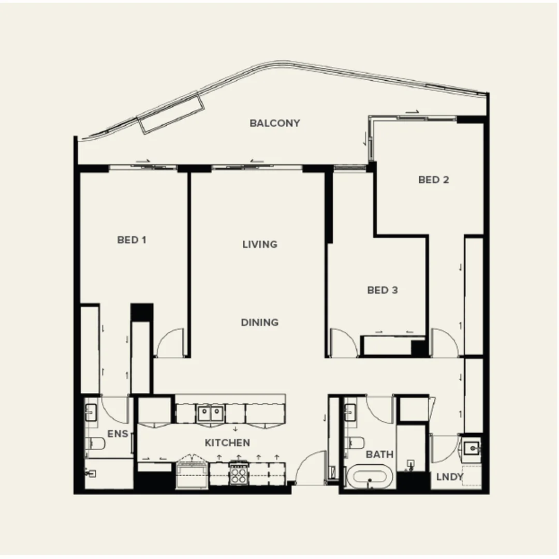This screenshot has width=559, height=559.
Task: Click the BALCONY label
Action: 274,123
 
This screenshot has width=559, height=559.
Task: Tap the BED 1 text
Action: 131,240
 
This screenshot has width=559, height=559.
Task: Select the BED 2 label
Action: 433,180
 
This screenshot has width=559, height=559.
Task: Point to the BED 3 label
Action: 383,290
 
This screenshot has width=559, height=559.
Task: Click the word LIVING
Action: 260,244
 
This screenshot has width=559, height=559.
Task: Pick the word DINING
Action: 260,322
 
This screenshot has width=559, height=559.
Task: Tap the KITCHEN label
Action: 227,443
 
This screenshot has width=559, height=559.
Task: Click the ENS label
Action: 117,434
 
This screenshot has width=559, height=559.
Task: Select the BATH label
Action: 379,454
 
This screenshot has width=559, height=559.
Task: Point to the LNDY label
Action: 449,477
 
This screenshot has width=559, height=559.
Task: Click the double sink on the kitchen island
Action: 210,413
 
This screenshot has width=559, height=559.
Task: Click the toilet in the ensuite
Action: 97,444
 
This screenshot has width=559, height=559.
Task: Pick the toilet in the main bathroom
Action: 355,443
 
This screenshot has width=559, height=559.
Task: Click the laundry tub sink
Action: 472,448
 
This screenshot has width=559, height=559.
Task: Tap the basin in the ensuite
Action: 92,413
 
